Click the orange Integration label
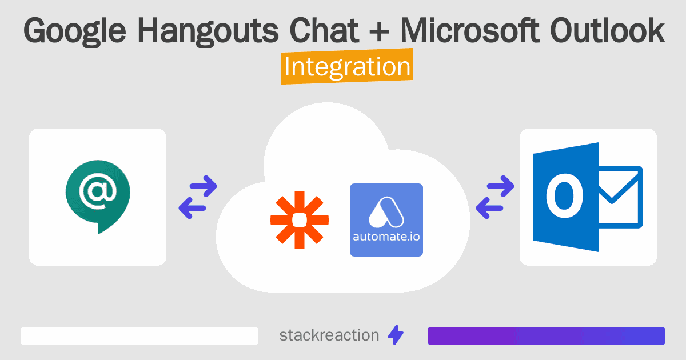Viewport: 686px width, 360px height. tap(347, 67)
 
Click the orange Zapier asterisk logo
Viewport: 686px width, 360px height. tap(300, 220)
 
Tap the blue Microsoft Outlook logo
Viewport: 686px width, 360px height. tap(588, 197)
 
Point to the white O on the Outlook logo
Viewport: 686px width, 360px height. tap(564, 197)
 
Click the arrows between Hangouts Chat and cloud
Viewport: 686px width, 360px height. tap(198, 197)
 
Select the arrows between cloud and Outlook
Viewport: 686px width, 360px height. tap(495, 197)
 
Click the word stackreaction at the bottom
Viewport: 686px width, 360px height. tap(329, 335)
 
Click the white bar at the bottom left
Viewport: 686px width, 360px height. tap(139, 336)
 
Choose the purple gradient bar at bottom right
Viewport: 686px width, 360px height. tap(546, 336)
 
